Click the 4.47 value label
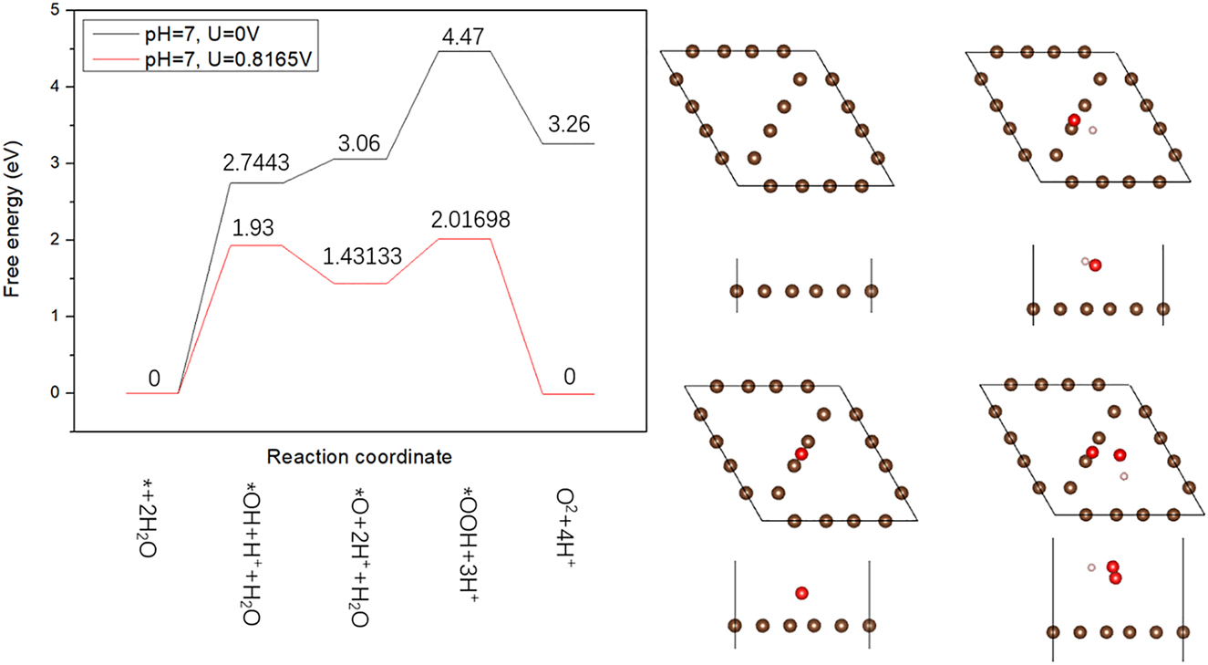coord(465,36)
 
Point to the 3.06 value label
coord(360,142)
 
